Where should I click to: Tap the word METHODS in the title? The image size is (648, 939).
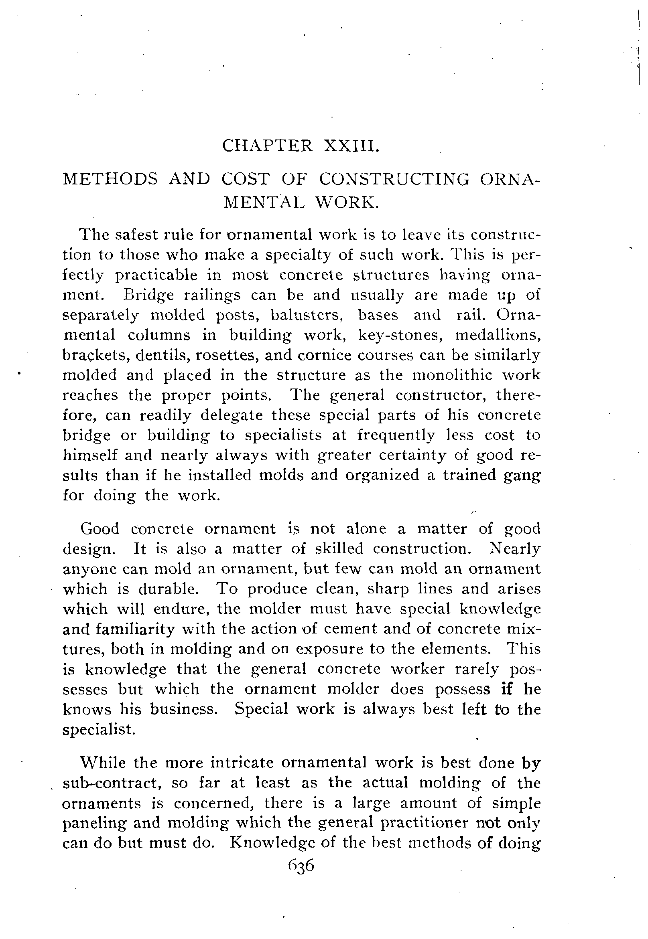tap(110, 179)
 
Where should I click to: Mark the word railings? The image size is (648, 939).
tap(212, 294)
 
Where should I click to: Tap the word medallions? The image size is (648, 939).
tap(498, 335)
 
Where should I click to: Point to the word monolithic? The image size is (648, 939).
tap(452, 375)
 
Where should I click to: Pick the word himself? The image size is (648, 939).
tap(90, 455)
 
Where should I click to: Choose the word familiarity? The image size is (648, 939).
tap(136, 629)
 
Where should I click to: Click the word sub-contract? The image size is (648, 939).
tap(110, 783)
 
